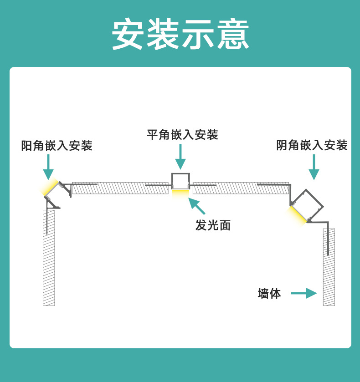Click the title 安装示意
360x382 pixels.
point(180,35)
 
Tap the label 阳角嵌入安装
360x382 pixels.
point(57,146)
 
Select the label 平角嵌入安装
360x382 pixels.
point(182,135)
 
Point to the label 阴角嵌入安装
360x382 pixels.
point(312,145)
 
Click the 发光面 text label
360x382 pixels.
point(213,225)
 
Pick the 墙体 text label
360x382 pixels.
point(269,293)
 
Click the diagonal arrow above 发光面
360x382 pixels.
point(197,205)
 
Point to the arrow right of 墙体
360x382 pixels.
point(304,293)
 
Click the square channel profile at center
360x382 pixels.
point(180,181)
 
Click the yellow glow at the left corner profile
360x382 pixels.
point(50,188)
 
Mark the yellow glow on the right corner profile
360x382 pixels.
point(296,215)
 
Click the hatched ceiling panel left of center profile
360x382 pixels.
point(121,188)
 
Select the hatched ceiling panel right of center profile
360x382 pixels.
point(241,188)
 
